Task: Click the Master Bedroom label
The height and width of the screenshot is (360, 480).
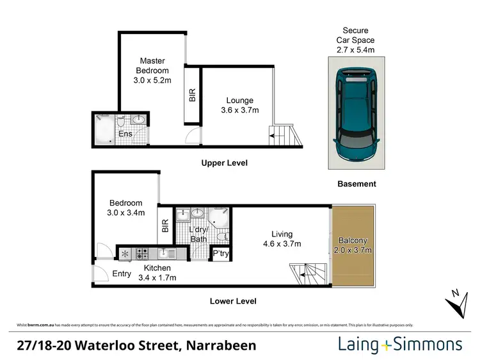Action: pos(152,70)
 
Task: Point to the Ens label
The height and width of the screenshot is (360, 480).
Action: pos(126,134)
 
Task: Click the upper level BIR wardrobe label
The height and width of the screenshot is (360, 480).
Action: pos(192,95)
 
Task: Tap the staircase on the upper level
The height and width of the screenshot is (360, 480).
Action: pos(285,134)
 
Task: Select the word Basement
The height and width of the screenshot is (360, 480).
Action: pos(356,184)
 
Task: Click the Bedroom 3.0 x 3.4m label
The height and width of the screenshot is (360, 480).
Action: pos(125,208)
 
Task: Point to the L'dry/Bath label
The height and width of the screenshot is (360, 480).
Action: pos(200,234)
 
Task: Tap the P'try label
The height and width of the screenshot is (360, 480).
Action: pos(221,254)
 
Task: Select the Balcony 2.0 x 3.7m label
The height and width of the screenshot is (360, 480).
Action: pos(355,245)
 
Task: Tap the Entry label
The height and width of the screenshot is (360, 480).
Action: pos(122,274)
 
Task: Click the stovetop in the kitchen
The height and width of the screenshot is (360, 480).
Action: pos(141,253)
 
